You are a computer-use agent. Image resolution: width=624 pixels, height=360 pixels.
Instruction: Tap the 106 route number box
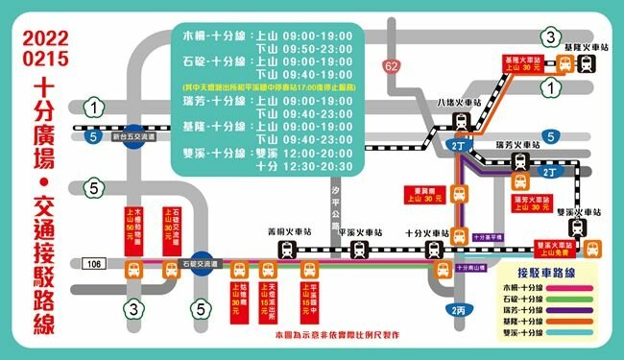click(93, 262)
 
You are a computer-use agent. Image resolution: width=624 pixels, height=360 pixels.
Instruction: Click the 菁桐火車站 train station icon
click(287, 249)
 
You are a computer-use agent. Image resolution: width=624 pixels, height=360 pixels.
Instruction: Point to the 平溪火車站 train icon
click(359, 249)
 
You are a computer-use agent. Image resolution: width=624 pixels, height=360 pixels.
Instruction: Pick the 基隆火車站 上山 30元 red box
click(521, 64)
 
